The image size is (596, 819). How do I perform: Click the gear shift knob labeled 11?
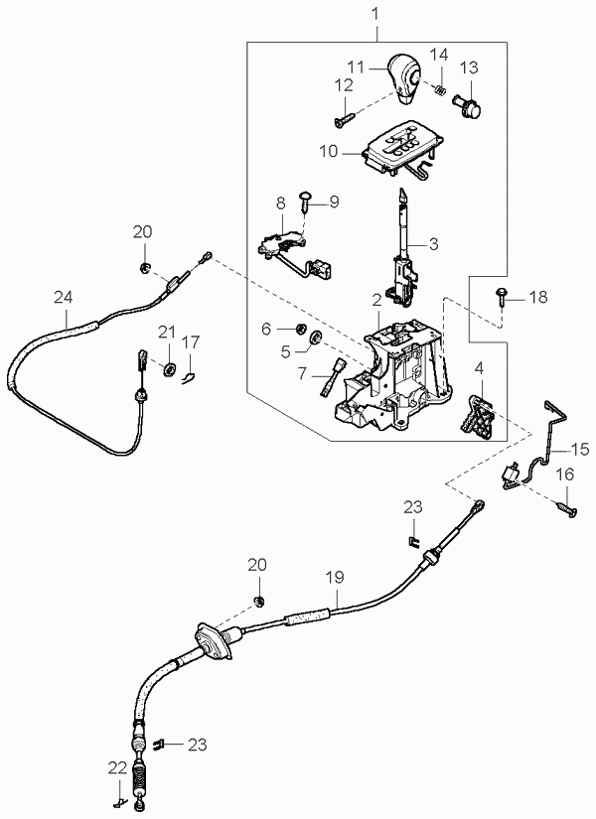(404, 78)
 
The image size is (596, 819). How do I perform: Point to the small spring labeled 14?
(436, 90)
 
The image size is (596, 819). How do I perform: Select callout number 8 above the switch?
(281, 203)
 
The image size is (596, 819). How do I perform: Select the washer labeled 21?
(169, 369)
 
